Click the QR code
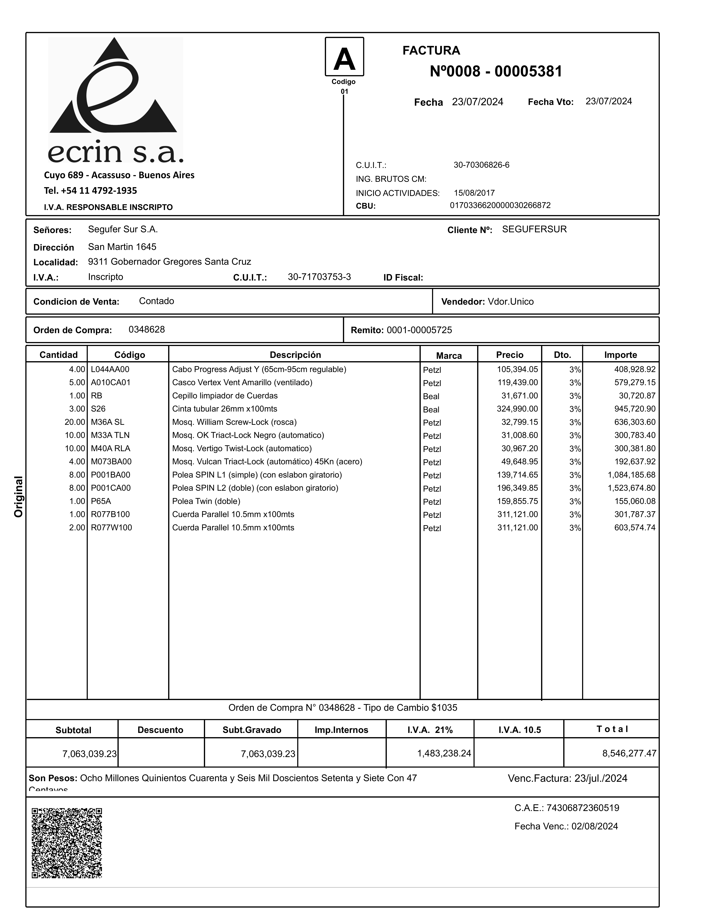(x=67, y=842)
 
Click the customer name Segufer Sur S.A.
(x=123, y=229)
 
